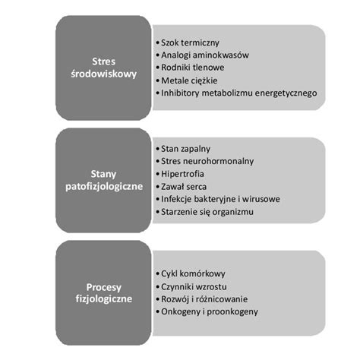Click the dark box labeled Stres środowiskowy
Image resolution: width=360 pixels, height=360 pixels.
point(103,67)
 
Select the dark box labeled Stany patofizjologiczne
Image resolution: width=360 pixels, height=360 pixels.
point(103,180)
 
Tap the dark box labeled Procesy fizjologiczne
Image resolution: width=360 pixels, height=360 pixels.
point(103,292)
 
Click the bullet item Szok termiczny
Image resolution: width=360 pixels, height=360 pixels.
point(188,43)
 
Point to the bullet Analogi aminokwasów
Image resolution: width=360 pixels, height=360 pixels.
point(204,55)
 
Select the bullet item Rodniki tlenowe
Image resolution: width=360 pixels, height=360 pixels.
point(191,68)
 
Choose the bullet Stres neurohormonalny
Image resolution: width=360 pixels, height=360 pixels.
point(207,161)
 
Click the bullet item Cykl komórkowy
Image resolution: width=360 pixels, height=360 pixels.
point(193,273)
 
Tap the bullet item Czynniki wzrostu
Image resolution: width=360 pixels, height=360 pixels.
point(194,286)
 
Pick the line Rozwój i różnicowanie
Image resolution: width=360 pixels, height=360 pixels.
point(204,298)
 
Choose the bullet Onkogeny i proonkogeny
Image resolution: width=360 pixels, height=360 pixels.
point(209,311)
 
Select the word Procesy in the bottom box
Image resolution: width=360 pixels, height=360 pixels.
point(103,286)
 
